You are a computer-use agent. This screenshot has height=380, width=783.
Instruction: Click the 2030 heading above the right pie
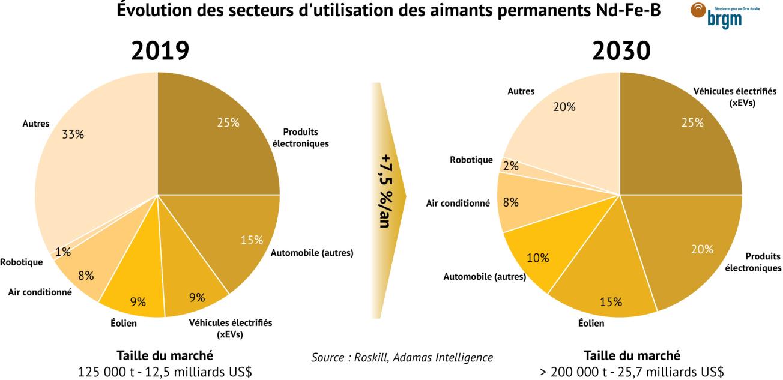[x=620, y=52]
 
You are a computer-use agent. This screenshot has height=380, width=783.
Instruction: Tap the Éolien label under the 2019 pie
[x=124, y=324]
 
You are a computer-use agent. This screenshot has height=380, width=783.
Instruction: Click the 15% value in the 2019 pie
[x=251, y=240]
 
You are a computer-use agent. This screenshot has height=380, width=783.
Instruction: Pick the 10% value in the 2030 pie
[x=538, y=258]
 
